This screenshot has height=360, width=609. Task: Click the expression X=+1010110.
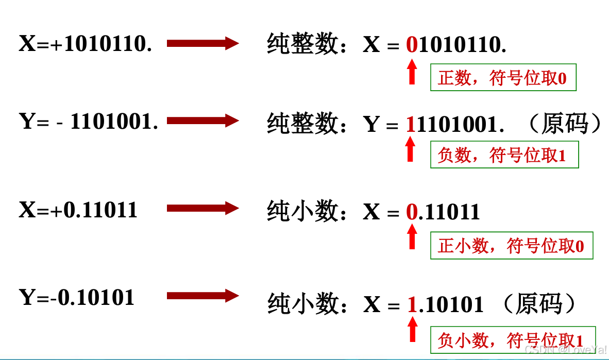coord(86,44)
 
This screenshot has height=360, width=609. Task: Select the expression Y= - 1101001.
coord(88,122)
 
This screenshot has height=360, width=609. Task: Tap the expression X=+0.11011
coord(78,210)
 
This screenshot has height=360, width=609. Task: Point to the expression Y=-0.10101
coord(77,297)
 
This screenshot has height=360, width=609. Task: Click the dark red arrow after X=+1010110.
coord(203,44)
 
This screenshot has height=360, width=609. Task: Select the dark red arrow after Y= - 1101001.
coord(203,121)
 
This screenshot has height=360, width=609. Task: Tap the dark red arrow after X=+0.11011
coord(203,209)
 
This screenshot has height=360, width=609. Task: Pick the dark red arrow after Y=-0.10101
coord(203,296)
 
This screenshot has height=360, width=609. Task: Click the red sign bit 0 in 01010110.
coord(412,45)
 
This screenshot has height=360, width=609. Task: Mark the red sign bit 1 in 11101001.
coord(411,124)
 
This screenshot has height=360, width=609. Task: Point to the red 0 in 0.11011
coord(412,212)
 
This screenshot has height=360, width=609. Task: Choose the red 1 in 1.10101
coord(412,305)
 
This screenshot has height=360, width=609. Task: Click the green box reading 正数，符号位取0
coord(503,78)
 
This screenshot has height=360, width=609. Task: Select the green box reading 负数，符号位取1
coord(504,155)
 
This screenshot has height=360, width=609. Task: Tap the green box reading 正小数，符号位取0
coord(512,246)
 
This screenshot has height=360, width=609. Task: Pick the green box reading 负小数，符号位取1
coord(513,340)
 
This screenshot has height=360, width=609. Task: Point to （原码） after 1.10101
coord(538,304)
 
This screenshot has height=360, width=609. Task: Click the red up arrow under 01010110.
coord(412,72)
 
